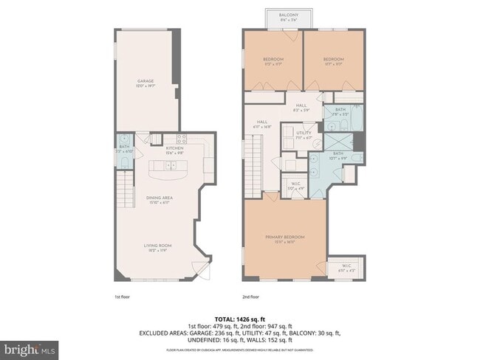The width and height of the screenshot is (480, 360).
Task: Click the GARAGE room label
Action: coord(145,82)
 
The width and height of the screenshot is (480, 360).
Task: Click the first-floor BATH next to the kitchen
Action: coord(123,150)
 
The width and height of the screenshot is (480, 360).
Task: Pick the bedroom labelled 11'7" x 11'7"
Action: coord(333,60)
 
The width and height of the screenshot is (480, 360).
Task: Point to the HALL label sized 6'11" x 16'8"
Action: coord(262,124)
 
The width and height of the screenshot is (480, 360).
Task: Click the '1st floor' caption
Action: coord(123,297)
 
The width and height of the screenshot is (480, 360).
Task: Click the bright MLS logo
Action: coord(30,347)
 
